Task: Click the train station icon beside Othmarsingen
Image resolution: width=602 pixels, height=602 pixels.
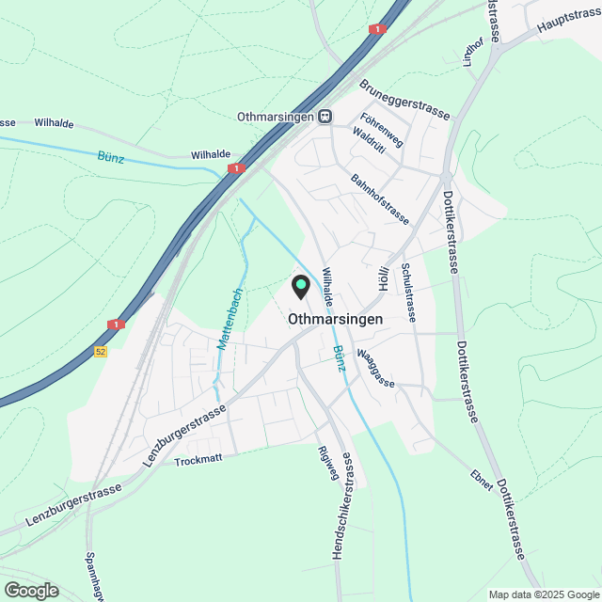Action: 325,116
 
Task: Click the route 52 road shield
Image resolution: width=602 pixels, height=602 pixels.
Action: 101,351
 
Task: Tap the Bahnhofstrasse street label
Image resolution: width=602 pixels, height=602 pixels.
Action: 380,198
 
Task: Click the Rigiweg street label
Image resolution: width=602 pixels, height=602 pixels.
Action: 328,462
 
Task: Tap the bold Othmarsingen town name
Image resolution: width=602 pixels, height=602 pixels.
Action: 349,319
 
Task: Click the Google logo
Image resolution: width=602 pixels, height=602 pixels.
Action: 31,591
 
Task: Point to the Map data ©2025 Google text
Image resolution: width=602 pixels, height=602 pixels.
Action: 543,594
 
